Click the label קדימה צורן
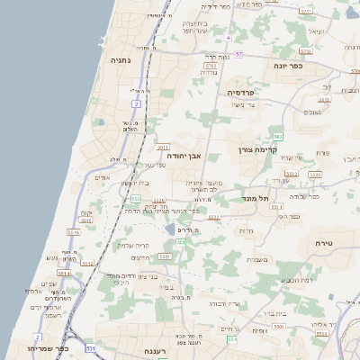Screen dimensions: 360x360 pos(255,149)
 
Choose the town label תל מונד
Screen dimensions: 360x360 pos(257,197)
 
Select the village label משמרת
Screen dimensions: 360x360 pos(257,260)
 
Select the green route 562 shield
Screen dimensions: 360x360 pos(279,137)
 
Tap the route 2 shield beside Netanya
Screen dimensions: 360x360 pos(137,105)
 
